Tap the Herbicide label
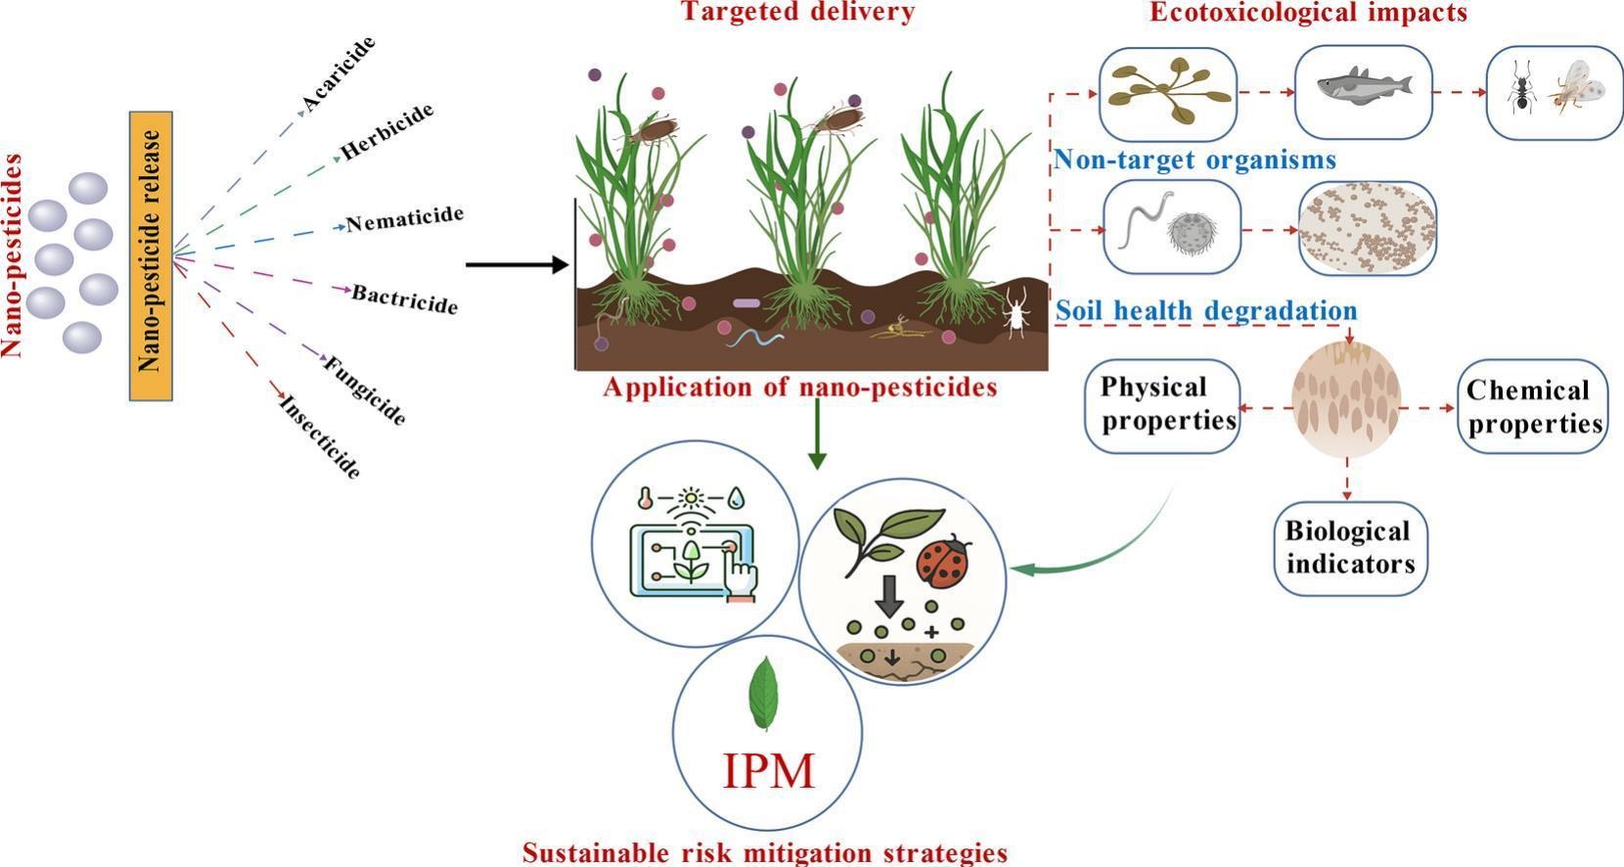point(386,131)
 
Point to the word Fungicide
point(365,390)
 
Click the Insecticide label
point(320,436)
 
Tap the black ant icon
point(1520,88)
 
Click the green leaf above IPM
point(764,693)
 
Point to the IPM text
point(769,771)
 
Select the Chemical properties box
point(1533,406)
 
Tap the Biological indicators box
point(1350,548)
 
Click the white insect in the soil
point(1016,312)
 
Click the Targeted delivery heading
point(797,12)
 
